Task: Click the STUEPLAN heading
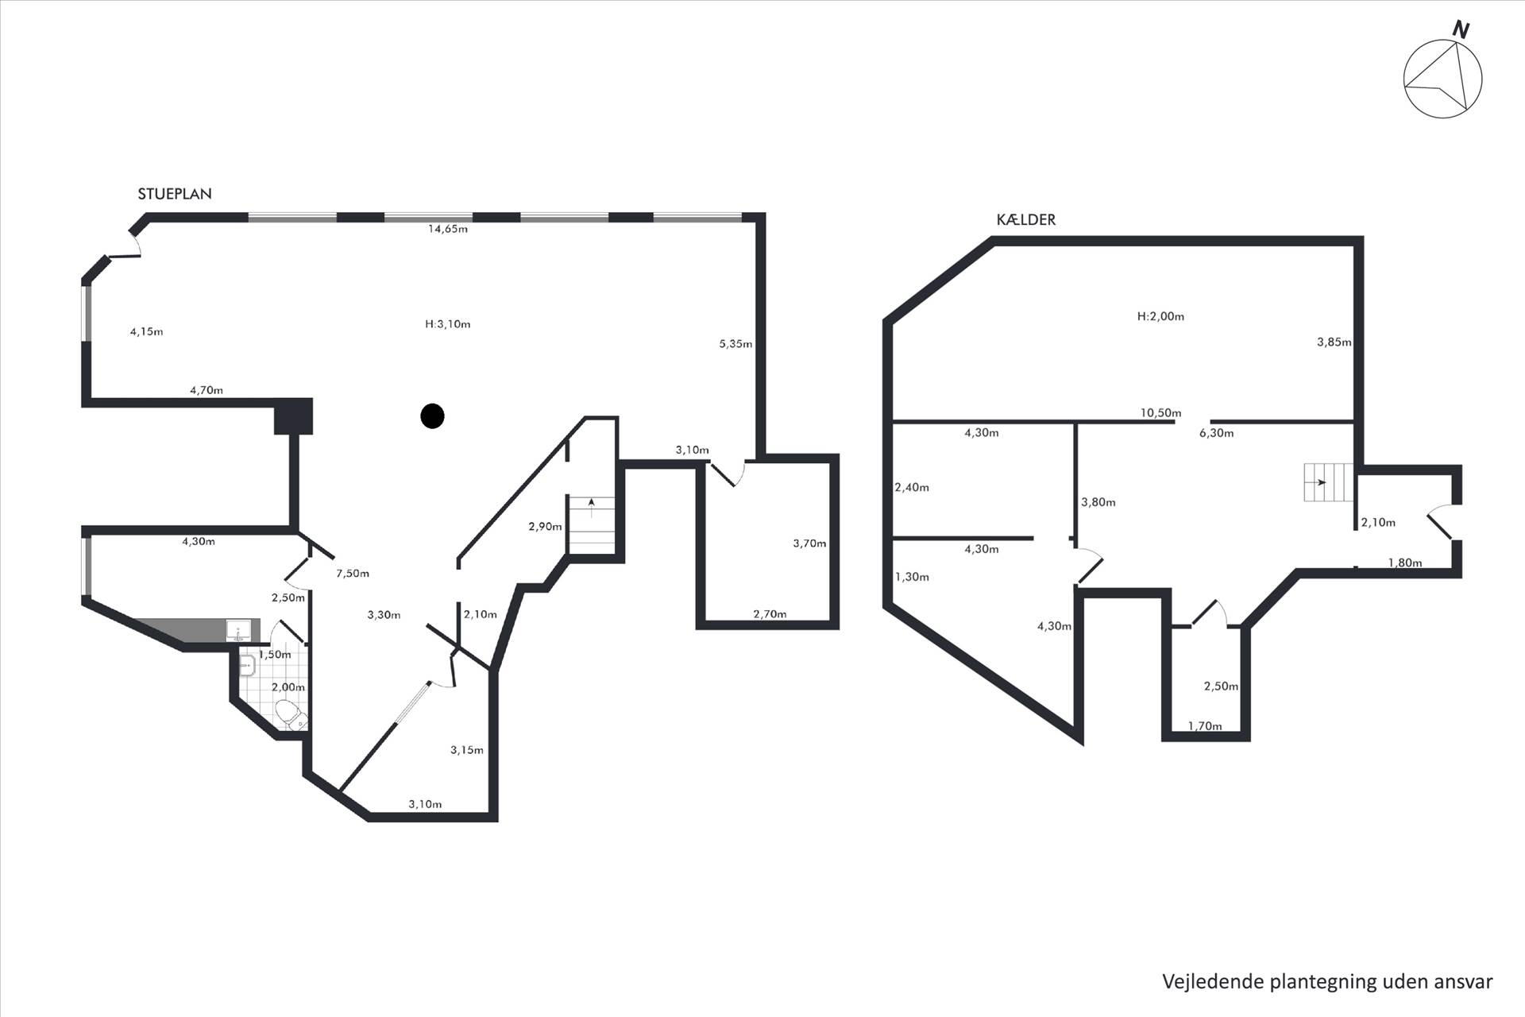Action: (175, 194)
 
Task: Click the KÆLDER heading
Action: (1026, 220)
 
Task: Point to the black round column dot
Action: (432, 416)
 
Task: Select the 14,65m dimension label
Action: (448, 229)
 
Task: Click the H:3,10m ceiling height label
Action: (448, 324)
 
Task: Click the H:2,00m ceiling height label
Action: (1160, 316)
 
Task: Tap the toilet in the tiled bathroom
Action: (290, 713)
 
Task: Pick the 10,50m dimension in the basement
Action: (1160, 413)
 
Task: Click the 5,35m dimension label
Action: (735, 344)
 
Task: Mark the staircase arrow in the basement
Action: (1319, 482)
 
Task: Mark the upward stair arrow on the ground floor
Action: (591, 507)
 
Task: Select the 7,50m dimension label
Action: (353, 574)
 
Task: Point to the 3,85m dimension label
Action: (1334, 342)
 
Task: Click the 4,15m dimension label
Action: (147, 331)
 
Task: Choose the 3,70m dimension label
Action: (809, 543)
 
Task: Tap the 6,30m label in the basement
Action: (1216, 433)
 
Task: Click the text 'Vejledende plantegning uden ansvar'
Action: (1328, 981)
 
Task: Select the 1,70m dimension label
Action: (1205, 725)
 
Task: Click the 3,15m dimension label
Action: (467, 750)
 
